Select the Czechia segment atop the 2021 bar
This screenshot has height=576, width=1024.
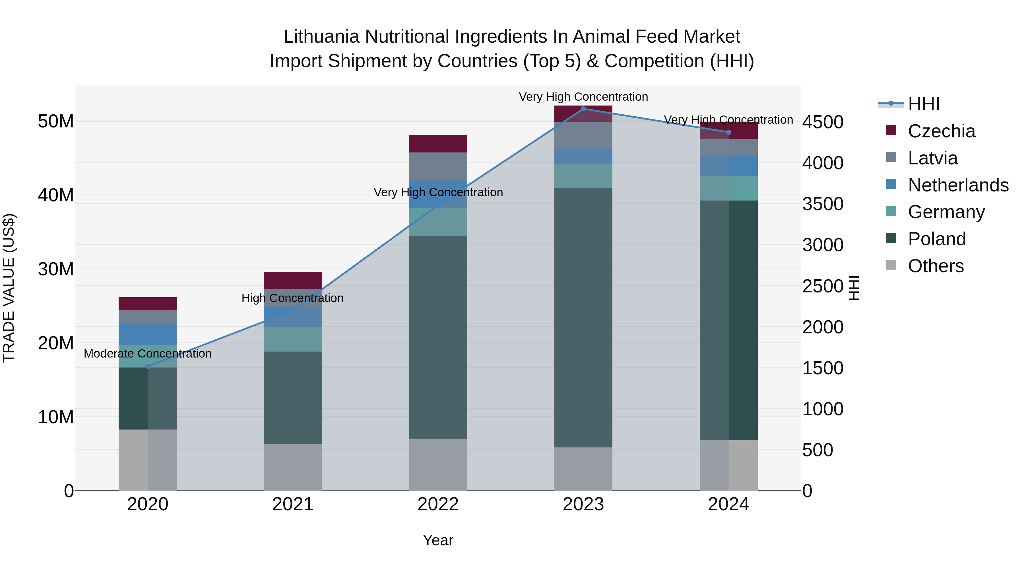(293, 280)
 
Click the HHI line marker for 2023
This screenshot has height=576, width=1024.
(583, 109)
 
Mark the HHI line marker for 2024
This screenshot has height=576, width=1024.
(728, 132)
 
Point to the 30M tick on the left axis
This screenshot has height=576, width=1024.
(56, 269)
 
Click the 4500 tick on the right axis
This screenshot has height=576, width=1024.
(822, 122)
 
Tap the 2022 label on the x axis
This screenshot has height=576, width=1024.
(438, 504)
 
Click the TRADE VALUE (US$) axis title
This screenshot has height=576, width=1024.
(9, 288)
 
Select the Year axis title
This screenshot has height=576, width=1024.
(438, 540)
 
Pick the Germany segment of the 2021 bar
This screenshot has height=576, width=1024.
(293, 339)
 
